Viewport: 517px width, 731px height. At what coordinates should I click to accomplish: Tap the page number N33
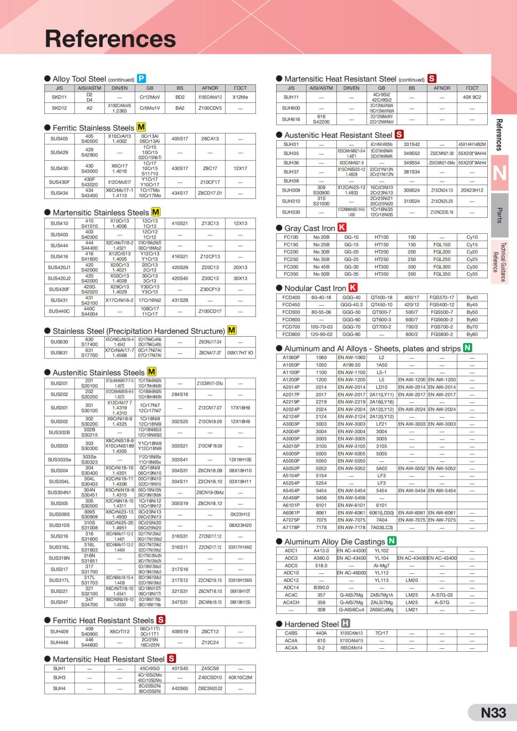coord(493,712)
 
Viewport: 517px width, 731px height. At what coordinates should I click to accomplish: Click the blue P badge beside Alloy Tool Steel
coord(141,78)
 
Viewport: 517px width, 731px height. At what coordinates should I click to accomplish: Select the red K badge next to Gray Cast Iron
coord(342,227)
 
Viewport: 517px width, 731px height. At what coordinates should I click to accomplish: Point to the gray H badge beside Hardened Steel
coord(346,623)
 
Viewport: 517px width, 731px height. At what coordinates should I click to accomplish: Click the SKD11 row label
coord(59,97)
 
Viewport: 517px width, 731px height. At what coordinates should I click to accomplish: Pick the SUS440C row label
coord(59,311)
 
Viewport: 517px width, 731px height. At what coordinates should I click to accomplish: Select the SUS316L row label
coord(59,547)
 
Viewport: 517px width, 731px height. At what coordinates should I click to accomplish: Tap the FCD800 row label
coord(291,335)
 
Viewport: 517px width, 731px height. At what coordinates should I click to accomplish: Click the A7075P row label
coord(291,520)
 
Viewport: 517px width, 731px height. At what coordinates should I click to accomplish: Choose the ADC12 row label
coord(291,580)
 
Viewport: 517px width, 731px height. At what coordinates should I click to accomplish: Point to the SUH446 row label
coord(59,642)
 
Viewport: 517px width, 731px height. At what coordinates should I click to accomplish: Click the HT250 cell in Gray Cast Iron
coord(381,259)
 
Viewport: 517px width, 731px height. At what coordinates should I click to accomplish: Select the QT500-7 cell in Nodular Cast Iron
coord(381,312)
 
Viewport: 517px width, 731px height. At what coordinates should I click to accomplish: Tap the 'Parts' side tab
coord(500,215)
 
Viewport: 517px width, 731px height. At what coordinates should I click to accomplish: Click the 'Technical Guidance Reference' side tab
coord(500,262)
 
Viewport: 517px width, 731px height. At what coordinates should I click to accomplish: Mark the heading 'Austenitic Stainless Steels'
coord(98,372)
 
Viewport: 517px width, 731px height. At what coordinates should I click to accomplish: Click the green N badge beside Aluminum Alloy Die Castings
coord(392,541)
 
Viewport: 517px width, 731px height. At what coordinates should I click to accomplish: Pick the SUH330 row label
coord(291,212)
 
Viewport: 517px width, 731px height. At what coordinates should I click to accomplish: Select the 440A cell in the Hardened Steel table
coord(321,633)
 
